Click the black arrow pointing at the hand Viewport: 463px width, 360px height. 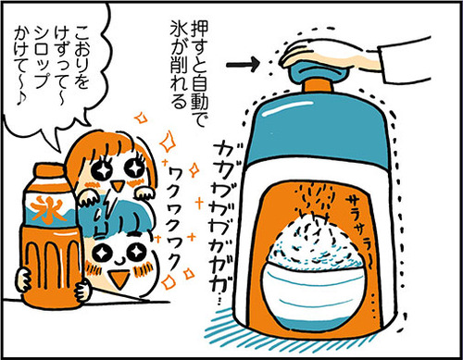click(x=243, y=64)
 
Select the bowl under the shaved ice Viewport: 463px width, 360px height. click(x=313, y=296)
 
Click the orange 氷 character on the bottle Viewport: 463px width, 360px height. click(x=49, y=210)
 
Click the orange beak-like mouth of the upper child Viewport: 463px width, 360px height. click(x=118, y=186)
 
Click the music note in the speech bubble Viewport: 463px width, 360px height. click(x=21, y=98)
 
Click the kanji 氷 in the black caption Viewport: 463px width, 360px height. click(x=179, y=30)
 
